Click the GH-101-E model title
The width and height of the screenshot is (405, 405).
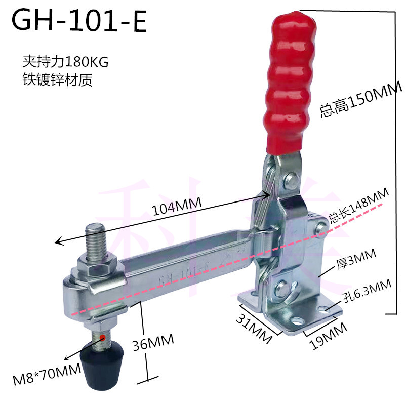tap(79, 22)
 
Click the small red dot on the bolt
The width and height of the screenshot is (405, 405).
tap(102, 336)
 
